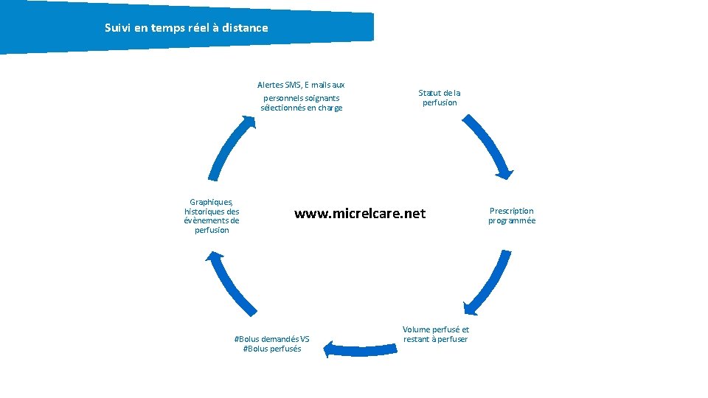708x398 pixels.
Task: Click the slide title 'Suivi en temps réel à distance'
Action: [187, 28]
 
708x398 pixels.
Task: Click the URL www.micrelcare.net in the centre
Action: [360, 214]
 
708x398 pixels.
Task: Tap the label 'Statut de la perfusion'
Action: [440, 98]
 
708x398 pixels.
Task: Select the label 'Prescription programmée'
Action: [511, 215]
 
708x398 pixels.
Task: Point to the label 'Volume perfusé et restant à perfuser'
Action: [435, 334]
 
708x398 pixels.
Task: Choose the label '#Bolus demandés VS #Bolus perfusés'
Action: [271, 343]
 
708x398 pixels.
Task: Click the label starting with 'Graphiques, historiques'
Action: [212, 216]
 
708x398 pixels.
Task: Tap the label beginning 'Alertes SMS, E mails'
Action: [301, 97]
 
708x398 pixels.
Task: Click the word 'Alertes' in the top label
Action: [269, 85]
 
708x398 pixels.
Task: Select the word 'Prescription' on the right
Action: [511, 211]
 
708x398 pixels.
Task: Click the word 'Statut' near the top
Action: [428, 93]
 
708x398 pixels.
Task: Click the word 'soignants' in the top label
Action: [322, 98]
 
